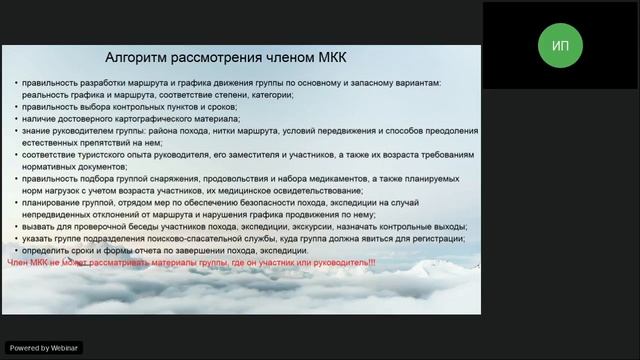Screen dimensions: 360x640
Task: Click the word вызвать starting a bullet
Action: point(37,226)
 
